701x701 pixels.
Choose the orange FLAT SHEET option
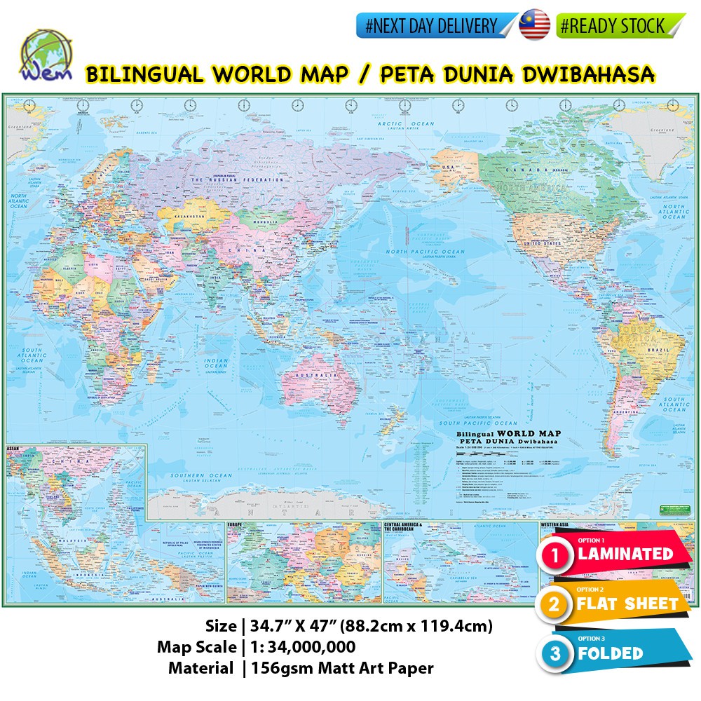(627, 604)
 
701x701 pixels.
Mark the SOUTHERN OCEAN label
(192, 476)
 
